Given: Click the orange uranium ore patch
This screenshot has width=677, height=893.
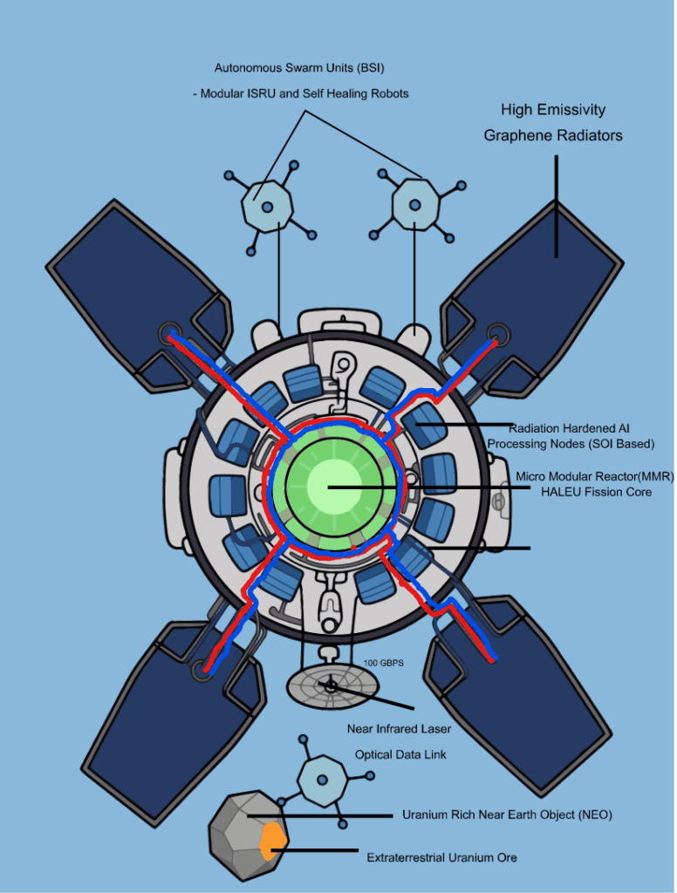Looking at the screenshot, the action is click(x=272, y=841).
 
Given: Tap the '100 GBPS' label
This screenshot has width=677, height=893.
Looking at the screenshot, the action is click(x=384, y=663).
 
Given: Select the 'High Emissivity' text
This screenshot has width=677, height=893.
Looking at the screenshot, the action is click(x=553, y=109).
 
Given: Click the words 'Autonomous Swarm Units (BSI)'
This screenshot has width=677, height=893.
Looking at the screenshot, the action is click(x=299, y=68).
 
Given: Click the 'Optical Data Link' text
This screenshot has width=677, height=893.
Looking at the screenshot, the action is click(x=400, y=754).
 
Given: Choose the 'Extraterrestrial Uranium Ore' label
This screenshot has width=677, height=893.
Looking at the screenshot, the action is click(x=441, y=857).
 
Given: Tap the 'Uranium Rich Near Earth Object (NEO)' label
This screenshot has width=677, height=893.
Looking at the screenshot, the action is click(x=507, y=815).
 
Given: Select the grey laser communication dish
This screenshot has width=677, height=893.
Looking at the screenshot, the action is click(x=332, y=686).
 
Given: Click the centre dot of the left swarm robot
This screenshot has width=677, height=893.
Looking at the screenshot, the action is click(x=267, y=208).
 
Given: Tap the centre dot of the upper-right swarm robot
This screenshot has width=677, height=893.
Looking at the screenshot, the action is click(x=415, y=204).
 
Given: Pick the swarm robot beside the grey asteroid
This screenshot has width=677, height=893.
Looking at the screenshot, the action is click(x=323, y=780).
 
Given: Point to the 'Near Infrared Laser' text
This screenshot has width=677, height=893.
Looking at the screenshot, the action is click(x=399, y=729).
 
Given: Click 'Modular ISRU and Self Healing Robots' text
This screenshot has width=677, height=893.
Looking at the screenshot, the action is click(x=304, y=93).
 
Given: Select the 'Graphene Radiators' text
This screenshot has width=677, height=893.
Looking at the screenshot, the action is click(x=553, y=135).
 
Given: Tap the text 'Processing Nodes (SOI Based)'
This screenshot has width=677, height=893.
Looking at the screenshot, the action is click(x=571, y=444).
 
